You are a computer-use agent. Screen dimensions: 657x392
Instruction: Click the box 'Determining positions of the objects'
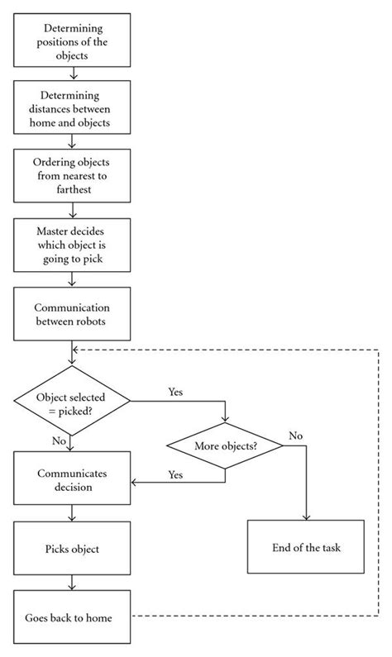pyautogui.click(x=72, y=40)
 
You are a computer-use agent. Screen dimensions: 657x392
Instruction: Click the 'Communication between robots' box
pyautogui.click(x=72, y=312)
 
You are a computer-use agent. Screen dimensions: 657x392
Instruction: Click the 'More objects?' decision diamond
pyautogui.click(x=225, y=446)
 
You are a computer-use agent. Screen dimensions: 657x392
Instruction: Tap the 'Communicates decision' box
pyautogui.click(x=72, y=480)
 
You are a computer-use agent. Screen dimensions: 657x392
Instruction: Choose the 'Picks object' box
pyautogui.click(x=72, y=549)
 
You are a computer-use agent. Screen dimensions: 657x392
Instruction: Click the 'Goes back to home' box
pyautogui.click(x=72, y=617)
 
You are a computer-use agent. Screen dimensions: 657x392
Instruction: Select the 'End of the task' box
pyautogui.click(x=305, y=547)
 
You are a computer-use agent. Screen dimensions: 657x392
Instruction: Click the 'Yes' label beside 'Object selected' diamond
pyautogui.click(x=176, y=390)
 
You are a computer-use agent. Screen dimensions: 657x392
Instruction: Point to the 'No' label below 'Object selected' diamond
pyautogui.click(x=59, y=440)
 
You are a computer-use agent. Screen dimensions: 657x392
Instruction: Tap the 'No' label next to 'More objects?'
pyautogui.click(x=294, y=435)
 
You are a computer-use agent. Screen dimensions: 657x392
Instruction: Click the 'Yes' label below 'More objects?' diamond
pyautogui.click(x=175, y=475)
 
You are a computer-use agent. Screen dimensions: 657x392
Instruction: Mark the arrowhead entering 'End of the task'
pyautogui.click(x=306, y=517)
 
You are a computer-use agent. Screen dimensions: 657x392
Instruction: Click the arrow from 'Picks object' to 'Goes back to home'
pyautogui.click(x=72, y=582)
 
